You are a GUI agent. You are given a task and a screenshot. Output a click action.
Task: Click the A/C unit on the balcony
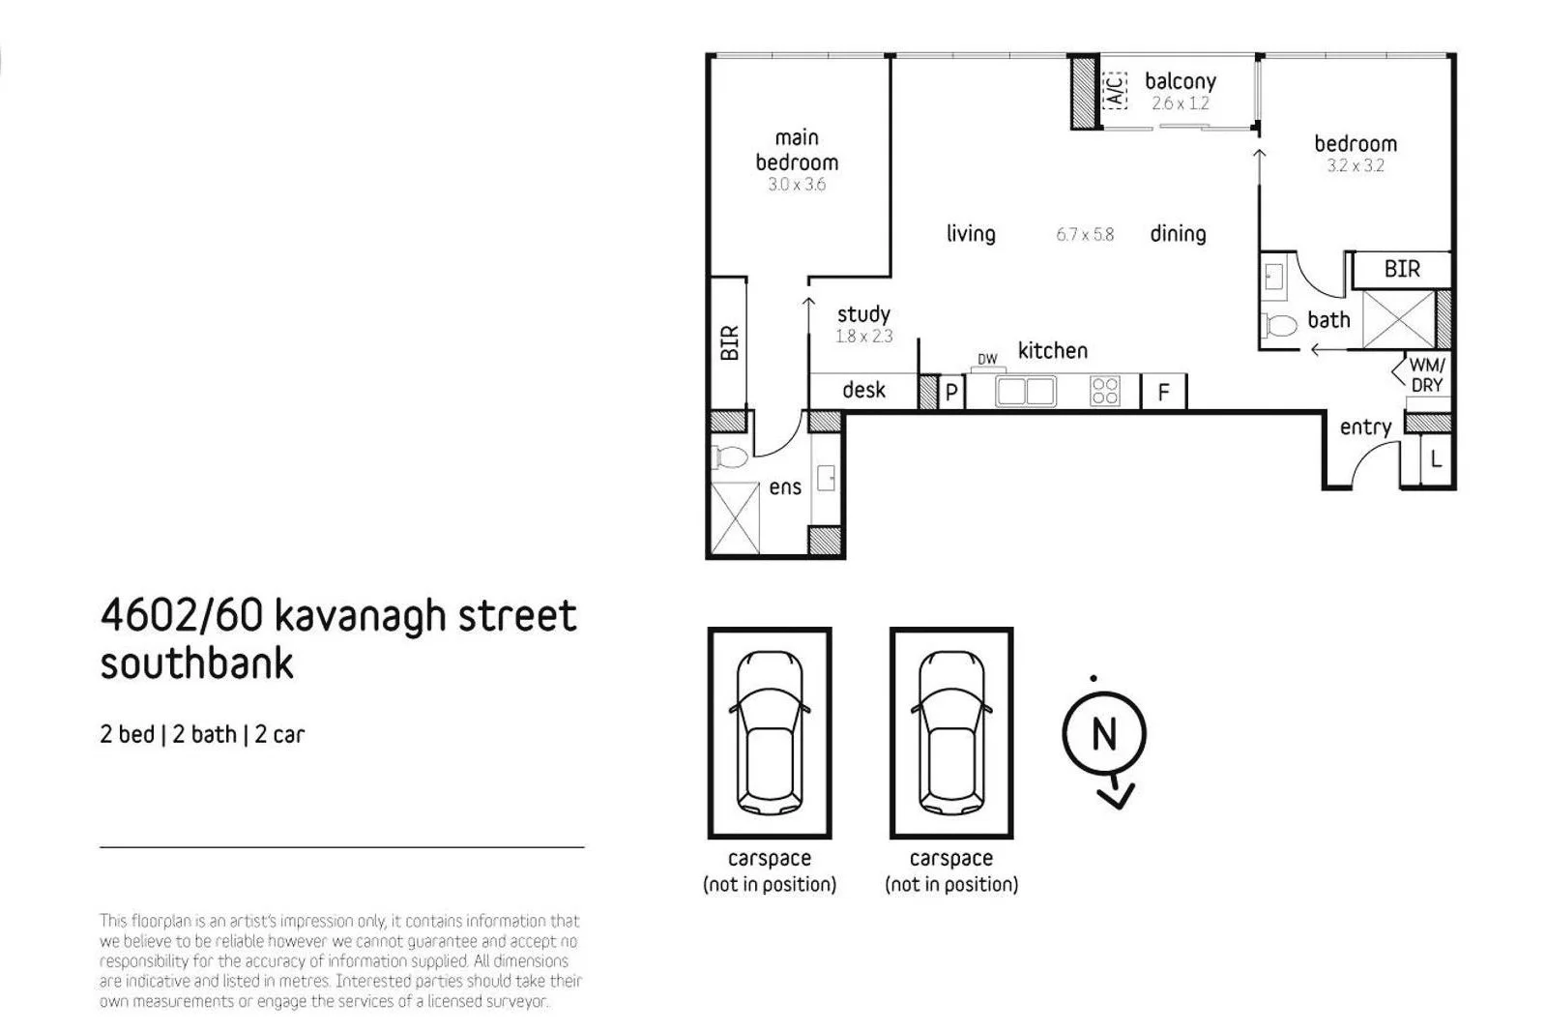click(x=1114, y=90)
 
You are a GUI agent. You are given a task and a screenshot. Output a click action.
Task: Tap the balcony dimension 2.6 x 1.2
click(x=1180, y=103)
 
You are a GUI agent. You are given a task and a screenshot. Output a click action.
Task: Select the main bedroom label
click(x=797, y=150)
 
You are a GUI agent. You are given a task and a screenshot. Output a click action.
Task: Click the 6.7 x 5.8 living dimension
click(x=1085, y=234)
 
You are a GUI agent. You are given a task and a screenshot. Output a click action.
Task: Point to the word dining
click(x=1178, y=233)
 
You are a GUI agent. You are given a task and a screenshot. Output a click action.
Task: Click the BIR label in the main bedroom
click(x=729, y=342)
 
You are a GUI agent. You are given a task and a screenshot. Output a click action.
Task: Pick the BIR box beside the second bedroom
click(x=1402, y=269)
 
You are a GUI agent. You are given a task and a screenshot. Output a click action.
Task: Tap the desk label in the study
click(x=863, y=390)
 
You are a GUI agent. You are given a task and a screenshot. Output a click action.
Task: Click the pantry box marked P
click(x=951, y=392)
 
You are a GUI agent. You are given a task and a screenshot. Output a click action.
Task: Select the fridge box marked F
click(x=1164, y=392)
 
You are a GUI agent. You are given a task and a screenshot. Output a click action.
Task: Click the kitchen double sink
click(x=1026, y=392)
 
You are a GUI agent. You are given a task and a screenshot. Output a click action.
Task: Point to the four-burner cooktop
click(x=1104, y=391)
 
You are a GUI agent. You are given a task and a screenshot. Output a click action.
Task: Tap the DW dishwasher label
click(x=987, y=360)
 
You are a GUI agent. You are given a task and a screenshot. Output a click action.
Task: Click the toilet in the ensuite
click(x=731, y=457)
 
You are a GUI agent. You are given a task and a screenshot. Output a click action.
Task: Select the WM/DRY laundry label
click(x=1426, y=375)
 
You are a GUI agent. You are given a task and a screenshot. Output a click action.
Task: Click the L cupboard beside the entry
click(x=1436, y=460)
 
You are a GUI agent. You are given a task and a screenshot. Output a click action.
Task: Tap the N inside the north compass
click(x=1104, y=734)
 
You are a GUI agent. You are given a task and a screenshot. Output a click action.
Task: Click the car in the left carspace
click(x=770, y=732)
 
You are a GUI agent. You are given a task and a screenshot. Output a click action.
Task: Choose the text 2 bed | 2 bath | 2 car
click(x=202, y=734)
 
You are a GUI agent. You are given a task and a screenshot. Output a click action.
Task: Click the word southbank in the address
click(x=197, y=664)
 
